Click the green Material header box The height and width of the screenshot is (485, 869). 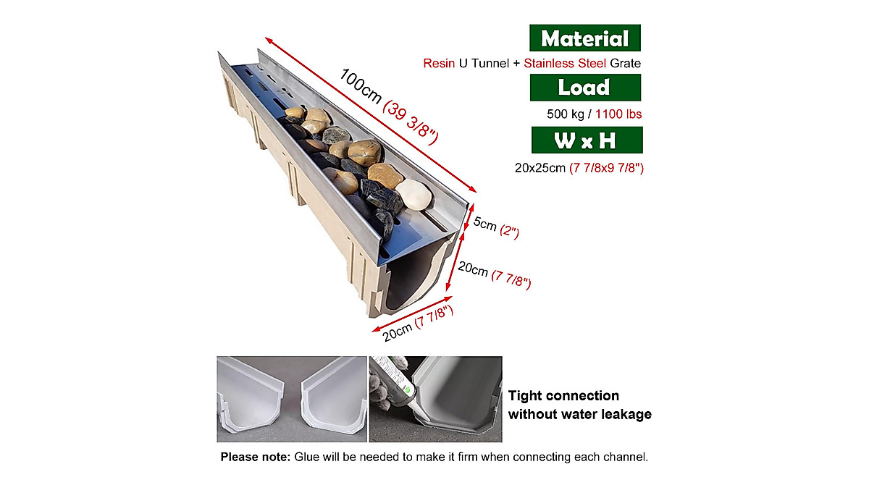click(x=584, y=38)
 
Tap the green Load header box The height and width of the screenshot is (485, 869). click(x=584, y=88)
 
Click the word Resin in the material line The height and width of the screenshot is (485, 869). click(x=439, y=64)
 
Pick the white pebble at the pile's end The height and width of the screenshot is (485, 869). click(x=413, y=194)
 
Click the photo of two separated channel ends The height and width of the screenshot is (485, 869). click(x=292, y=399)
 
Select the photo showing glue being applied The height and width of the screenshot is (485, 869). click(x=435, y=399)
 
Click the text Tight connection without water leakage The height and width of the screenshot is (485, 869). click(x=579, y=405)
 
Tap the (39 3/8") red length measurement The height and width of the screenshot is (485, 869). click(x=412, y=121)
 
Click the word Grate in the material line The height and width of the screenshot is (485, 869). click(x=626, y=64)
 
